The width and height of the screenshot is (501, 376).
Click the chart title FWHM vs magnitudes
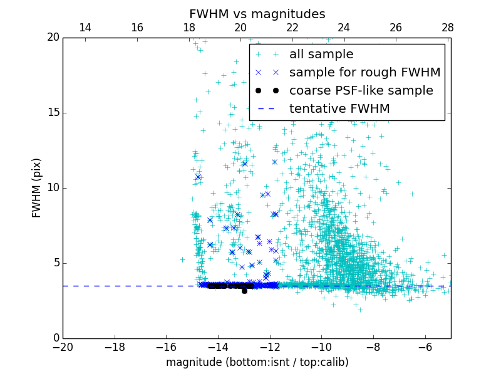257,14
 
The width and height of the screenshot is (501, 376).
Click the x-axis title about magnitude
257,362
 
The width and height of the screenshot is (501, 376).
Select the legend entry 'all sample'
321,55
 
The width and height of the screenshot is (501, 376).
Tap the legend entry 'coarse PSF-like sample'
361,91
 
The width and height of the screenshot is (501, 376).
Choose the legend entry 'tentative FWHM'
339,109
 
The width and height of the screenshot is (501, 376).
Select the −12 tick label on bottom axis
269,347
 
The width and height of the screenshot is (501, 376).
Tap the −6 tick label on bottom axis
425,347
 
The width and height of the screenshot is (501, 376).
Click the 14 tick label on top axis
85,28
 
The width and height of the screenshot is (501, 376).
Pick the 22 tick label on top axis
292,28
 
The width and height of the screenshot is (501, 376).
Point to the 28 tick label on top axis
448,28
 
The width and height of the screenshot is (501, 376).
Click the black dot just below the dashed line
244,291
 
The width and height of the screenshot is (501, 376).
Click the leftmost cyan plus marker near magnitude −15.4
182,259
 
